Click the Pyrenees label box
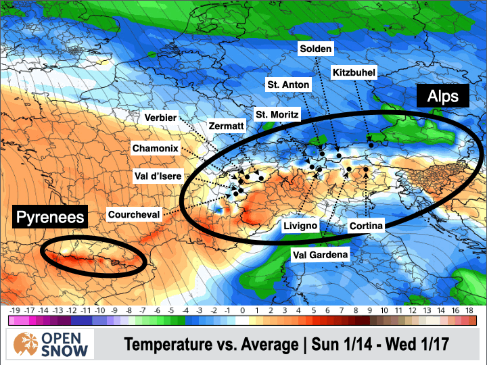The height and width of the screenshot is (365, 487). click(51, 217)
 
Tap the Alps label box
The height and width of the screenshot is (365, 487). click(447, 96)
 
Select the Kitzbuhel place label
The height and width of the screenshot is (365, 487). click(353, 72)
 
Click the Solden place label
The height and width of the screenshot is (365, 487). click(316, 49)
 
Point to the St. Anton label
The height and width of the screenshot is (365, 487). click(288, 84)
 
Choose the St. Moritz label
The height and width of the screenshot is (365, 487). click(277, 115)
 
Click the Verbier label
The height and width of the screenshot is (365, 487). click(161, 118)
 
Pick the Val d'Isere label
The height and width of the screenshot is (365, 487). click(157, 176)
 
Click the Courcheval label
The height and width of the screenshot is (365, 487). click(134, 215)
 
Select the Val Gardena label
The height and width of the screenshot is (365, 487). click(320, 254)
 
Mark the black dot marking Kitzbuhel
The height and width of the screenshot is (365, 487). click(371, 145)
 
